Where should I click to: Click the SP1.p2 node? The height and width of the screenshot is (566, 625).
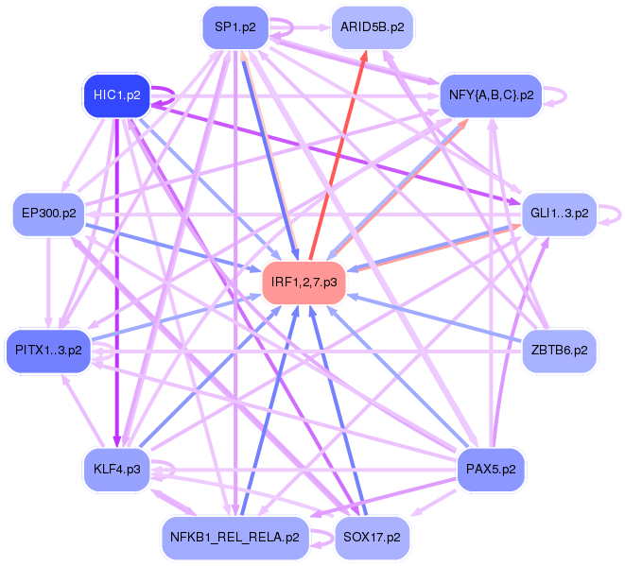pyautogui.click(x=235, y=27)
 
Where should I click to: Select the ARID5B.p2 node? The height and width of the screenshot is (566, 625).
pyautogui.click(x=372, y=27)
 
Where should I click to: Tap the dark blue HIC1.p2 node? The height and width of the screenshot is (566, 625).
pyautogui.click(x=117, y=95)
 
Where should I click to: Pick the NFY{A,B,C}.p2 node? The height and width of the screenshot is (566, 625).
pyautogui.click(x=489, y=95)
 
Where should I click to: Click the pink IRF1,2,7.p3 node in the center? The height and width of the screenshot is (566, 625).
pyautogui.click(x=304, y=282)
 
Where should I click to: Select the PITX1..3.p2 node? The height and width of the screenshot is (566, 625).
pyautogui.click(x=49, y=351)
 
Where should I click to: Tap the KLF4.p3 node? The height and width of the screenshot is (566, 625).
pyautogui.click(x=117, y=469)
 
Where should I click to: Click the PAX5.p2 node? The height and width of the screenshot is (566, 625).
pyautogui.click(x=489, y=469)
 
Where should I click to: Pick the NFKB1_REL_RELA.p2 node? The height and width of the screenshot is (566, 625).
pyautogui.click(x=235, y=537)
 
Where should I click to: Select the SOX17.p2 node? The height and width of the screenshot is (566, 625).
pyautogui.click(x=372, y=537)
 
